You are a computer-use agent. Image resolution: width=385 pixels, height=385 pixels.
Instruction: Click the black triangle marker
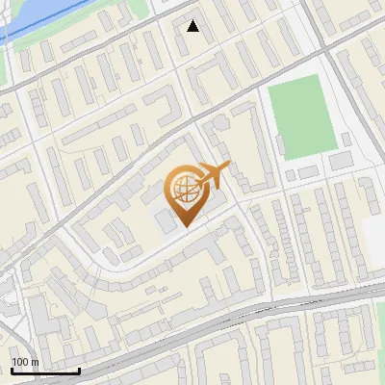pos(193,26)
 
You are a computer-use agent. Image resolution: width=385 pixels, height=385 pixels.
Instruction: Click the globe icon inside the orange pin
pos(183,188)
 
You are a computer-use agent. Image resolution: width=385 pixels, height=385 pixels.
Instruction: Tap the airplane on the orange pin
pos(213,174)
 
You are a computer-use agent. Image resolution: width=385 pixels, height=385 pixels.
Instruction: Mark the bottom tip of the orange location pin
pos(183,227)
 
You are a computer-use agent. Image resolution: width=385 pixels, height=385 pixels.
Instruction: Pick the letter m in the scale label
pos(35,362)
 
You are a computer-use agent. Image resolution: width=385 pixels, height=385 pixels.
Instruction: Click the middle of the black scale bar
pos(44,371)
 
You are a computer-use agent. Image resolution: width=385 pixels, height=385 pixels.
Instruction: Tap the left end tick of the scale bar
pos(11,370)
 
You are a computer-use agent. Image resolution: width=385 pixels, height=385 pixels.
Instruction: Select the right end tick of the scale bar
pos(79,370)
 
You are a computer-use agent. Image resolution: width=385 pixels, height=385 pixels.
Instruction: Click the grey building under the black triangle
pos(193,42)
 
